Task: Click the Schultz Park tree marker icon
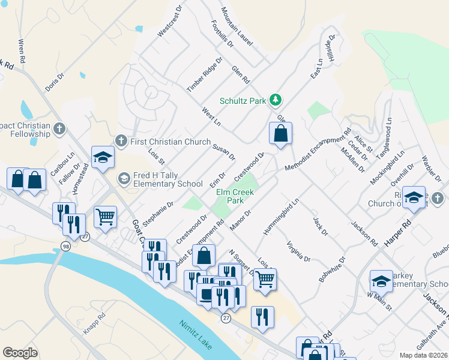pos(276,100)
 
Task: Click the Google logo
pos(20,352)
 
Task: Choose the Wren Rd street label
pos(22,52)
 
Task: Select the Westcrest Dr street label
pos(169,22)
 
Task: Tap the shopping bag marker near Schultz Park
pos(280,134)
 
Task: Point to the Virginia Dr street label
pos(298,251)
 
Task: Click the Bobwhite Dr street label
pos(333,270)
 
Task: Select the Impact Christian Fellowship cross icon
pos(59,129)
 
